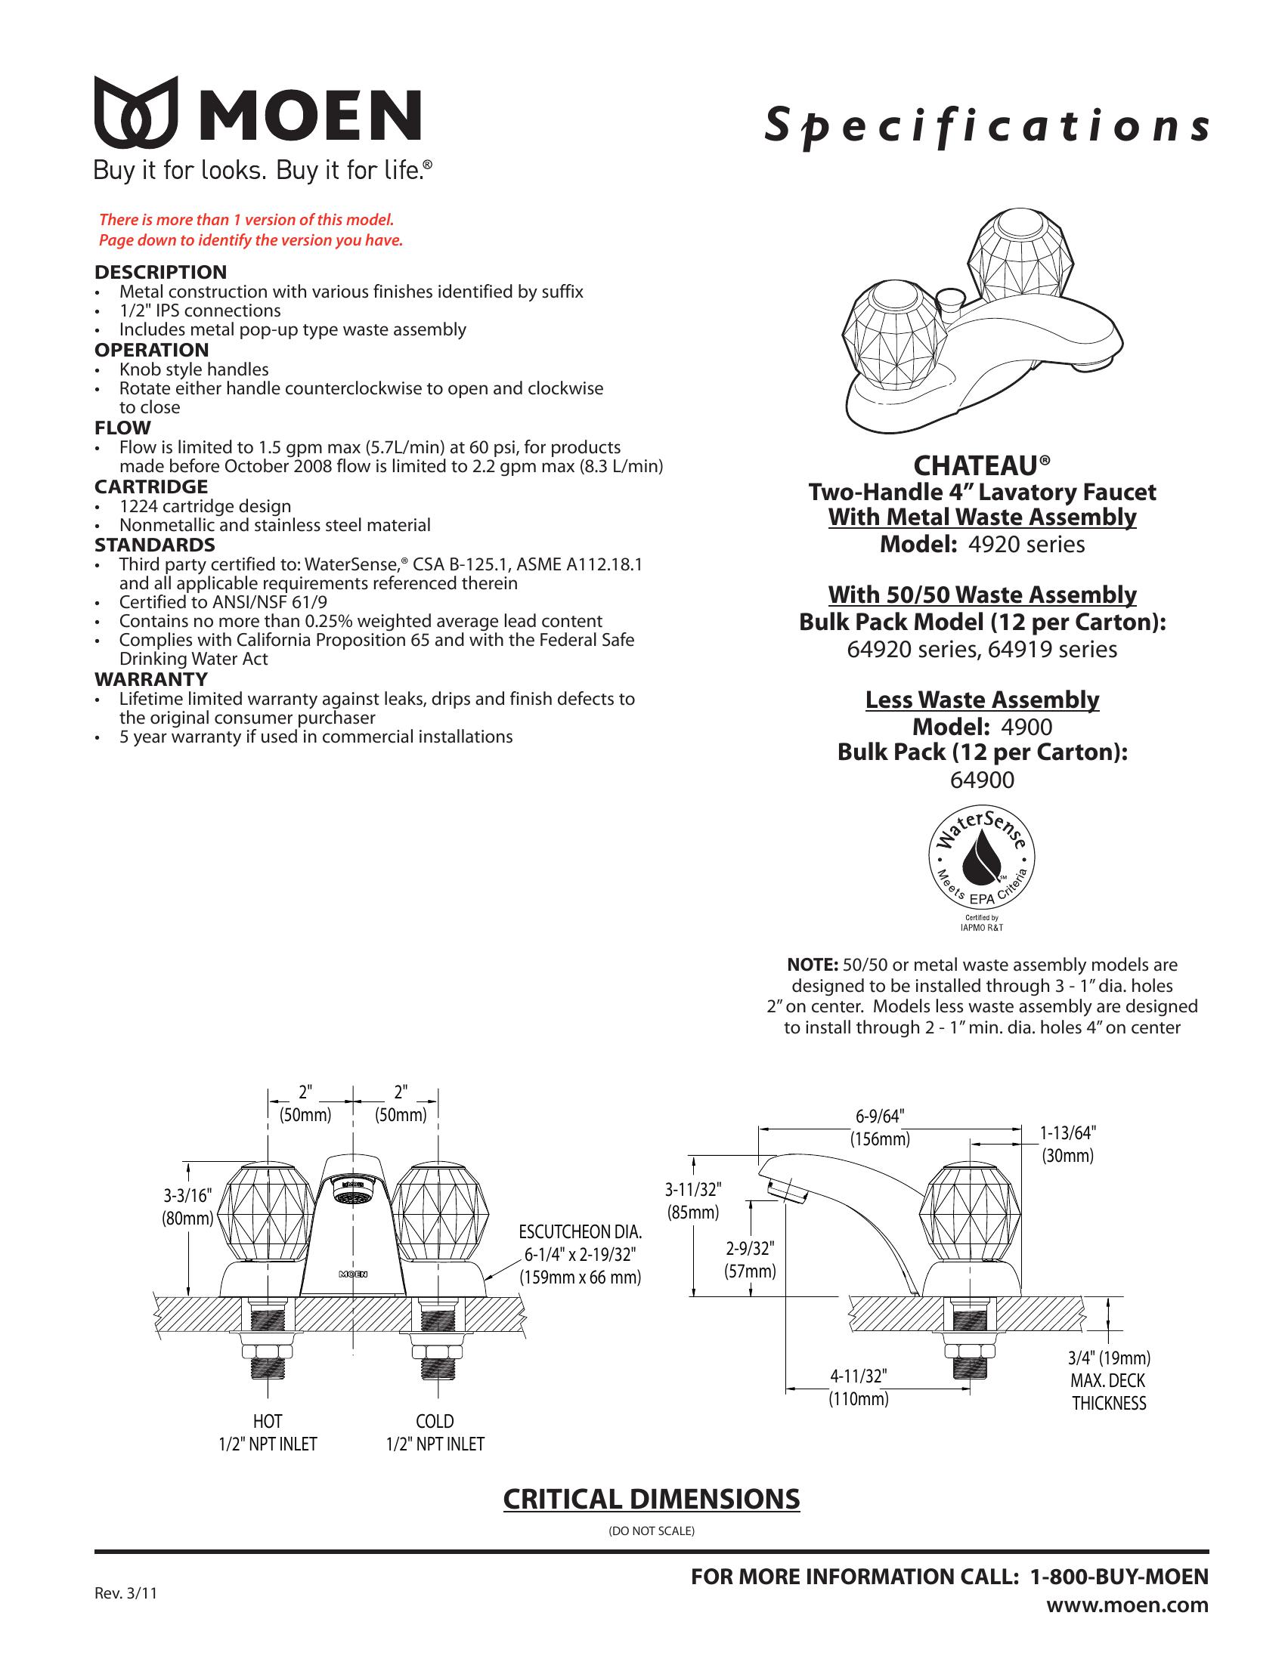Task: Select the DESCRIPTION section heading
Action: tap(160, 272)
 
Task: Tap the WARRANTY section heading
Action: tap(151, 679)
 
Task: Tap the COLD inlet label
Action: tap(435, 1422)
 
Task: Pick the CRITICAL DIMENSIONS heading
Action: tap(652, 1499)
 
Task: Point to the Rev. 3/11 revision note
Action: tap(125, 1593)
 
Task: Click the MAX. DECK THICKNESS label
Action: tap(1108, 1392)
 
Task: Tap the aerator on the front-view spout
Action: tap(351, 1192)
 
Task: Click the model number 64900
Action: tap(982, 780)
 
